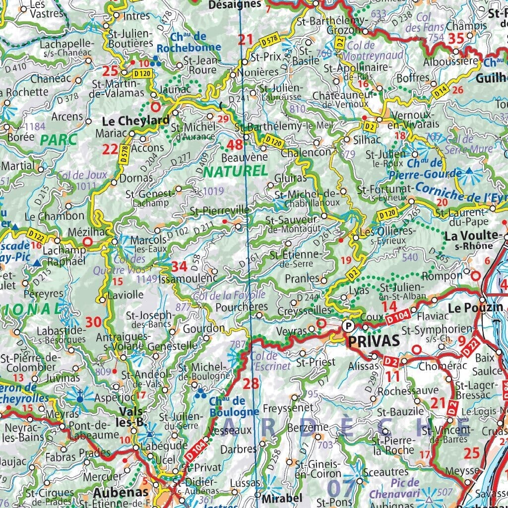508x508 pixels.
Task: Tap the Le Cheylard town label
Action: tap(135, 121)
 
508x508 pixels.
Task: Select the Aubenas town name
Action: tap(121, 492)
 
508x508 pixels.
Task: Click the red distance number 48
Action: tap(235, 145)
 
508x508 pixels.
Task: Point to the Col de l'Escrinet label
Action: tap(263, 361)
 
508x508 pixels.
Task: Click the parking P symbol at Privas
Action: tap(349, 326)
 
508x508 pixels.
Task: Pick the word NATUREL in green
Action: tap(235, 171)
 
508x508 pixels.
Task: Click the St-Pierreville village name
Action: tap(219, 210)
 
